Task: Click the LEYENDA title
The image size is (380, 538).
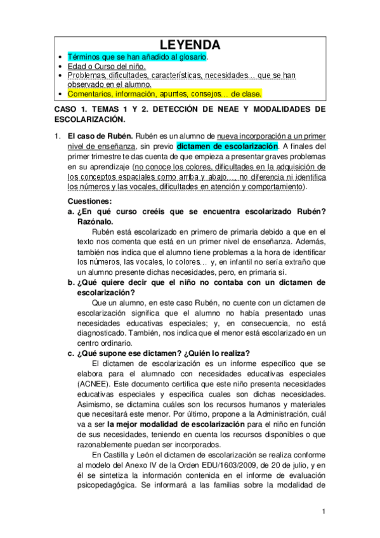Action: click(190, 45)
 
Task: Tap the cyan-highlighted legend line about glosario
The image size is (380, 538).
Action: click(137, 56)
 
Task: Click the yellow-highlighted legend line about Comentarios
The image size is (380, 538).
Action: click(164, 93)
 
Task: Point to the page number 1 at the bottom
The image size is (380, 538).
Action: click(324, 511)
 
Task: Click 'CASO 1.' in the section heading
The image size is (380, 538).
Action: click(72, 109)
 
